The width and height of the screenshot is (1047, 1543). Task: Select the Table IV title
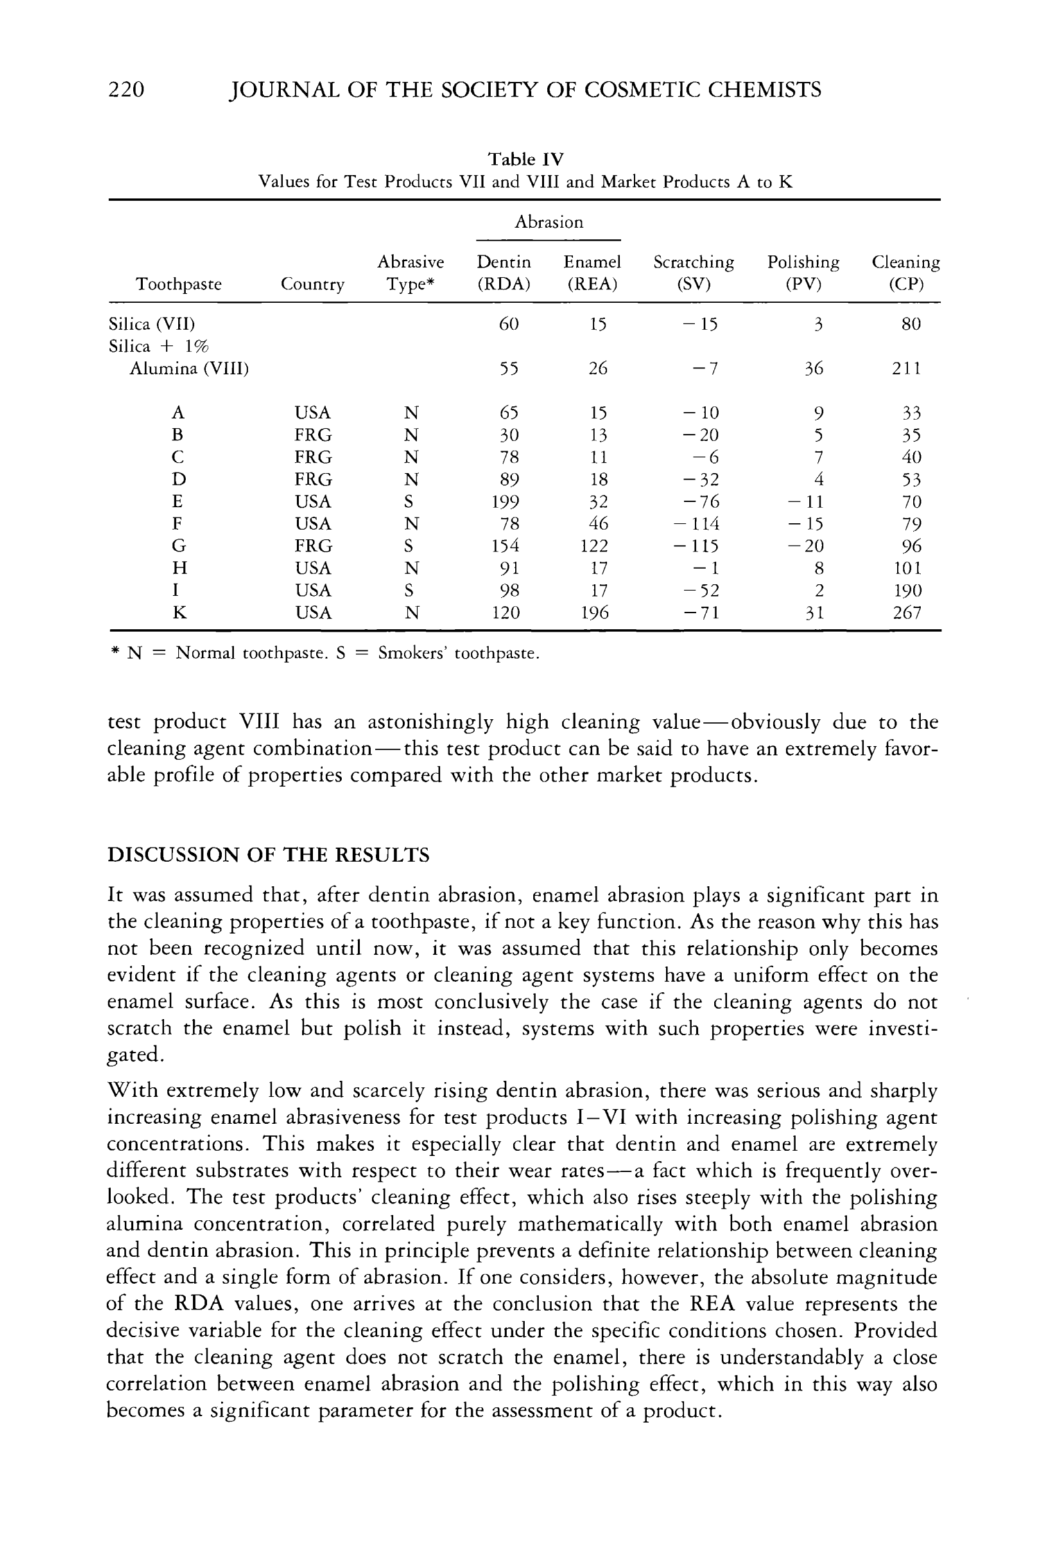pyautogui.click(x=526, y=159)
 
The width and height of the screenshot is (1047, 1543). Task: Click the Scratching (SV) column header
pyautogui.click(x=693, y=273)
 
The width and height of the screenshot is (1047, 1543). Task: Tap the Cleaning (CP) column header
pyautogui.click(x=906, y=273)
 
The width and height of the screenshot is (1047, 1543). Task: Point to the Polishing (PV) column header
pyautogui.click(x=803, y=273)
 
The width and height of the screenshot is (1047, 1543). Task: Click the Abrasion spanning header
pyautogui.click(x=549, y=222)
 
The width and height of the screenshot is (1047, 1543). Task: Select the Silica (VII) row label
pyautogui.click(x=151, y=324)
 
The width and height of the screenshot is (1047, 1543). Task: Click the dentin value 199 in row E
pyautogui.click(x=506, y=501)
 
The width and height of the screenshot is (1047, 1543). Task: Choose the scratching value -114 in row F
pyautogui.click(x=695, y=524)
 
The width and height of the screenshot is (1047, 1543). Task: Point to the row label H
pyautogui.click(x=178, y=569)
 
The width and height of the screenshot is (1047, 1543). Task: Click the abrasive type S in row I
pyautogui.click(x=410, y=590)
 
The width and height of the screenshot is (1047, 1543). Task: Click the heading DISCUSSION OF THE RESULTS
pyautogui.click(x=268, y=854)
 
